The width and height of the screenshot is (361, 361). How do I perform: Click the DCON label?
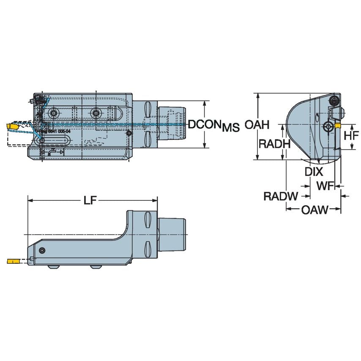205,124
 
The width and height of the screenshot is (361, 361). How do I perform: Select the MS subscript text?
231,127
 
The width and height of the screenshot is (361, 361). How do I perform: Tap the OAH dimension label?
257,125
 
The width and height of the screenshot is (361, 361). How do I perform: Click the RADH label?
274,144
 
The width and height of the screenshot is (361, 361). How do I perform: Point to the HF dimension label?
351,135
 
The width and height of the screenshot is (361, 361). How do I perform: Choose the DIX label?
314,172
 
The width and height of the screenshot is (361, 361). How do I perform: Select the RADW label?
281,196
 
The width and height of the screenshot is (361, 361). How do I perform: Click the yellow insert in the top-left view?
12,126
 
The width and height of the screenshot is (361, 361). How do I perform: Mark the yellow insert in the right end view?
338,126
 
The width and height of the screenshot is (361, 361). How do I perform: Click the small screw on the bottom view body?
41,251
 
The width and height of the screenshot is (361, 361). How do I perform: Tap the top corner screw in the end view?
334,101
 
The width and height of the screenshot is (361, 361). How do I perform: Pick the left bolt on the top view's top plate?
53,112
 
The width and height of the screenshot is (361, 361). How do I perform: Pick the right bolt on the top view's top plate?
96,112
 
